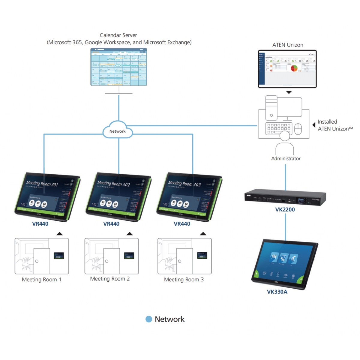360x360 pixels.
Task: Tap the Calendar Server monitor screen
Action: [x=119, y=67]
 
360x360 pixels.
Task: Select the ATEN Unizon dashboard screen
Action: [x=287, y=69]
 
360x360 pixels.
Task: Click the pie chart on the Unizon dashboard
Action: [x=294, y=68]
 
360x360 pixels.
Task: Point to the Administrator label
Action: [x=286, y=159]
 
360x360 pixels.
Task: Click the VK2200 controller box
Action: [x=285, y=198]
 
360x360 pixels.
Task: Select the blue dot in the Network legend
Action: [x=148, y=319]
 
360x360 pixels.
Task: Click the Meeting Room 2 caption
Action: [x=110, y=279]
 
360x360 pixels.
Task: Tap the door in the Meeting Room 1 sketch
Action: [x=41, y=261]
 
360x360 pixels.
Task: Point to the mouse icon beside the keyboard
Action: [x=298, y=129]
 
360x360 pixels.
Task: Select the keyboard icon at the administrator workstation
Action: [x=279, y=128]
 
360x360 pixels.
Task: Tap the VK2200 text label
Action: [x=285, y=210]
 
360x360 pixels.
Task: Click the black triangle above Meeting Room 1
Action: [x=59, y=234]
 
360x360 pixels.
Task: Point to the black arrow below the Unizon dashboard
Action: [x=289, y=92]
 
